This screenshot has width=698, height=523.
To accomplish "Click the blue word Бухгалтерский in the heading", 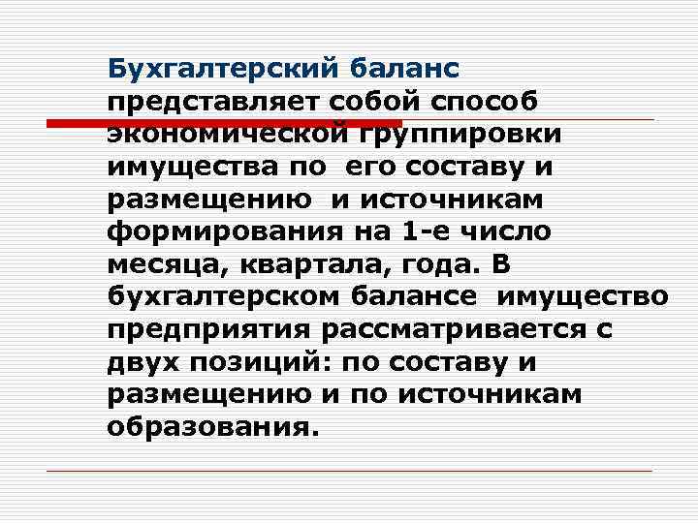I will [222, 68].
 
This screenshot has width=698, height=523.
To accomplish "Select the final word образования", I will [212, 427].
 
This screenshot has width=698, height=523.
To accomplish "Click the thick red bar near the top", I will [224, 123].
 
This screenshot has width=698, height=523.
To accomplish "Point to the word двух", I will [143, 362].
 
